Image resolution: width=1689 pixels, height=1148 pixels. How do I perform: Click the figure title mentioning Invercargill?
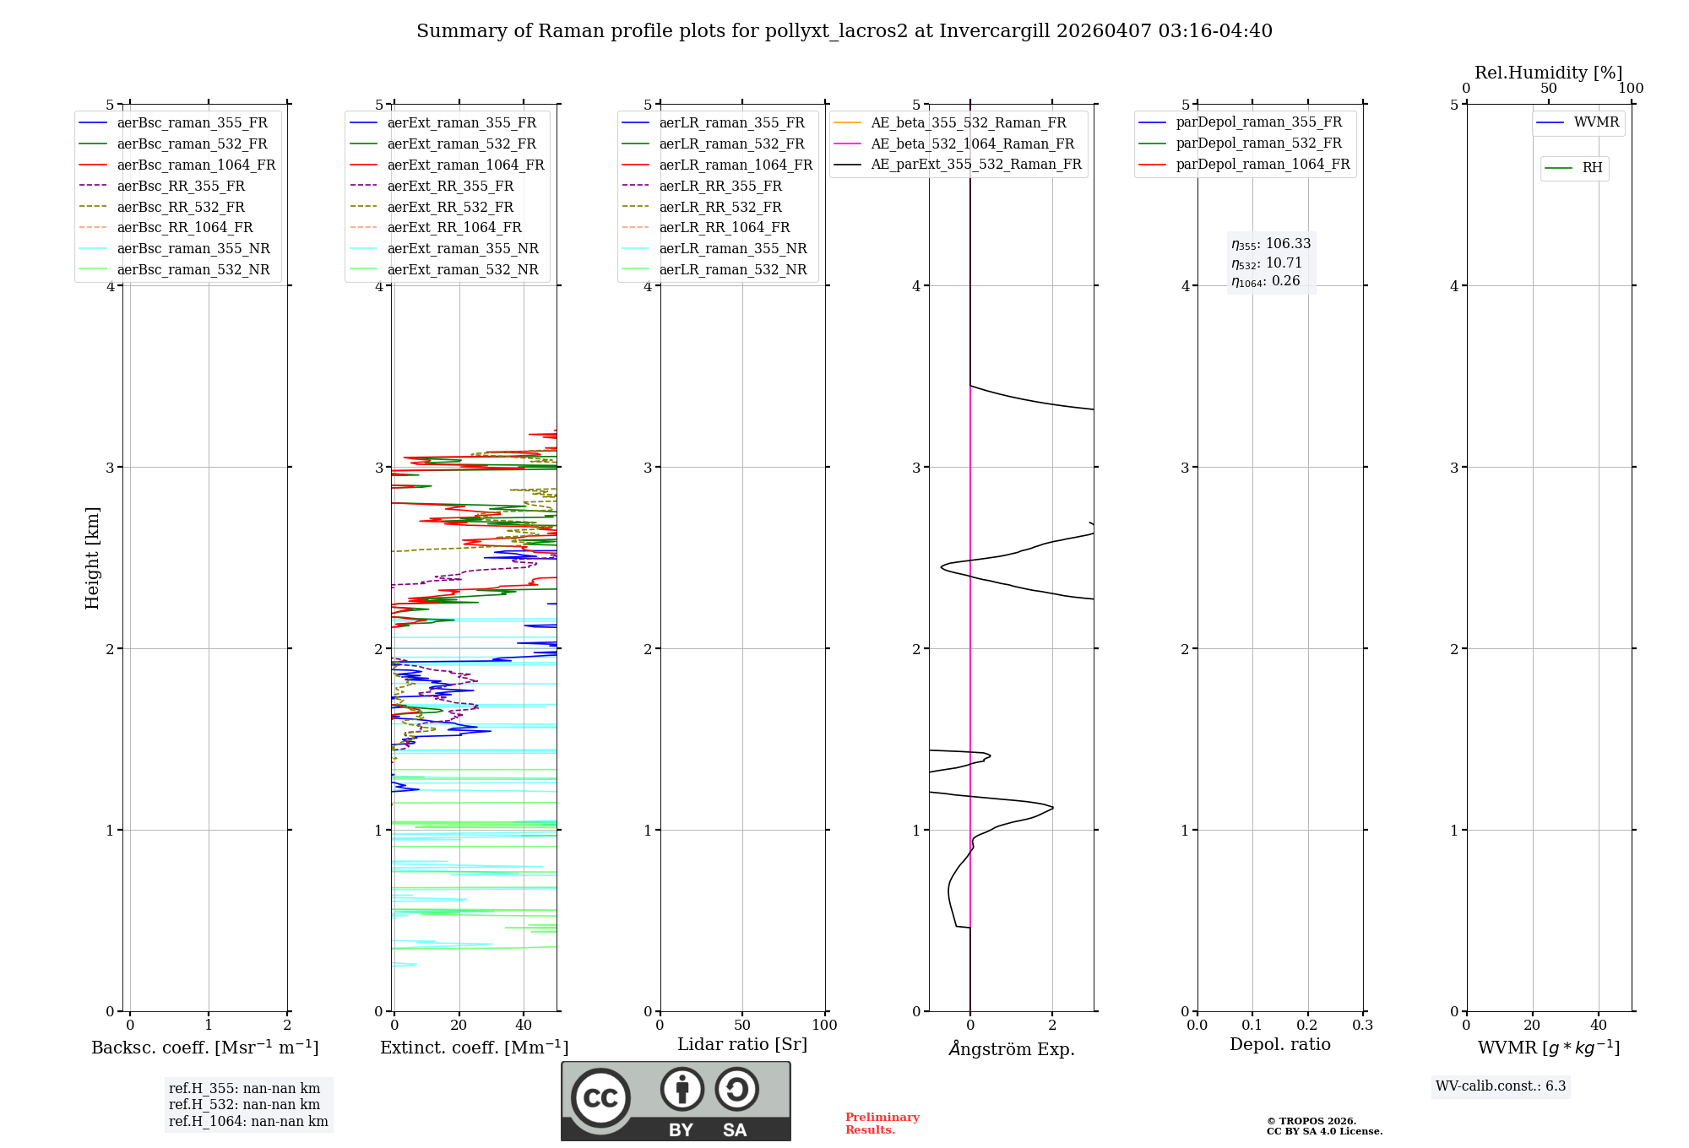point(844,31)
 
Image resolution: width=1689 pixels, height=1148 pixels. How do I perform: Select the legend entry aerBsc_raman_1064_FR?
point(196,165)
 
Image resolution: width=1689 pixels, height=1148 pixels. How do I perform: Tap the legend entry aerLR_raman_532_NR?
point(732,269)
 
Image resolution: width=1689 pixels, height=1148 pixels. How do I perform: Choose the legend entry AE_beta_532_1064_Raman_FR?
point(972,143)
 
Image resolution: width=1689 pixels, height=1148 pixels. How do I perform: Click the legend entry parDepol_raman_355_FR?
point(1258,122)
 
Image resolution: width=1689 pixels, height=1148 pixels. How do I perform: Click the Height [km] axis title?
point(92,558)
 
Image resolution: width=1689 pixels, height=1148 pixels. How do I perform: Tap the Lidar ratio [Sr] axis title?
point(742,1044)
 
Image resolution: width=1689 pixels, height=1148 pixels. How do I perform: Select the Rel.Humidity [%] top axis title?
point(1548,73)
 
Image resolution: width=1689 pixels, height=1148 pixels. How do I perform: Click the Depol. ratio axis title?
point(1279,1044)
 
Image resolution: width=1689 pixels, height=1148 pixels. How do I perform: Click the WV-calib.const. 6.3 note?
point(1501,1086)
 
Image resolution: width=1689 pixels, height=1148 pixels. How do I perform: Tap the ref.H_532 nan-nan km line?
point(244,1105)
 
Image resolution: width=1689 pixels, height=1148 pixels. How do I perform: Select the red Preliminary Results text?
point(882,1124)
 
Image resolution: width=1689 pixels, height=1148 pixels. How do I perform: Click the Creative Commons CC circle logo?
point(600,1097)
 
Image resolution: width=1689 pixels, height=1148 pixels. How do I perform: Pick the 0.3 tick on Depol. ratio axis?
point(1362,1026)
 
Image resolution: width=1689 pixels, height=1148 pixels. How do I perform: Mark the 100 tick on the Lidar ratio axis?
point(824,1026)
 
